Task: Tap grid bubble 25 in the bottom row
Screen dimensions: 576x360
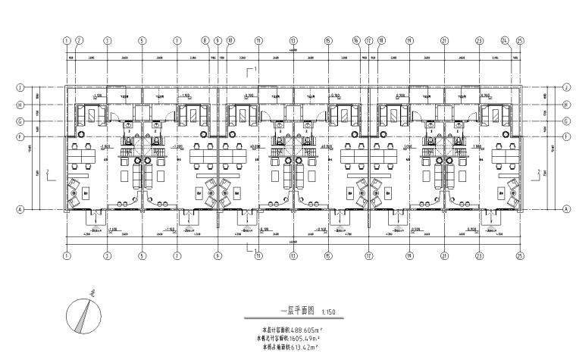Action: click(519, 255)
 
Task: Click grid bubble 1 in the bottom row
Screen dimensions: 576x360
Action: click(67, 255)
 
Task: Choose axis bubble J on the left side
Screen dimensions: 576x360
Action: click(20, 88)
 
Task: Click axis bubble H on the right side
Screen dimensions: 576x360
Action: click(566, 105)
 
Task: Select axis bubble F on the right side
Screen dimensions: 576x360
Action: click(566, 136)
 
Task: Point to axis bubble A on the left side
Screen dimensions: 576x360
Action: click(20, 208)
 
